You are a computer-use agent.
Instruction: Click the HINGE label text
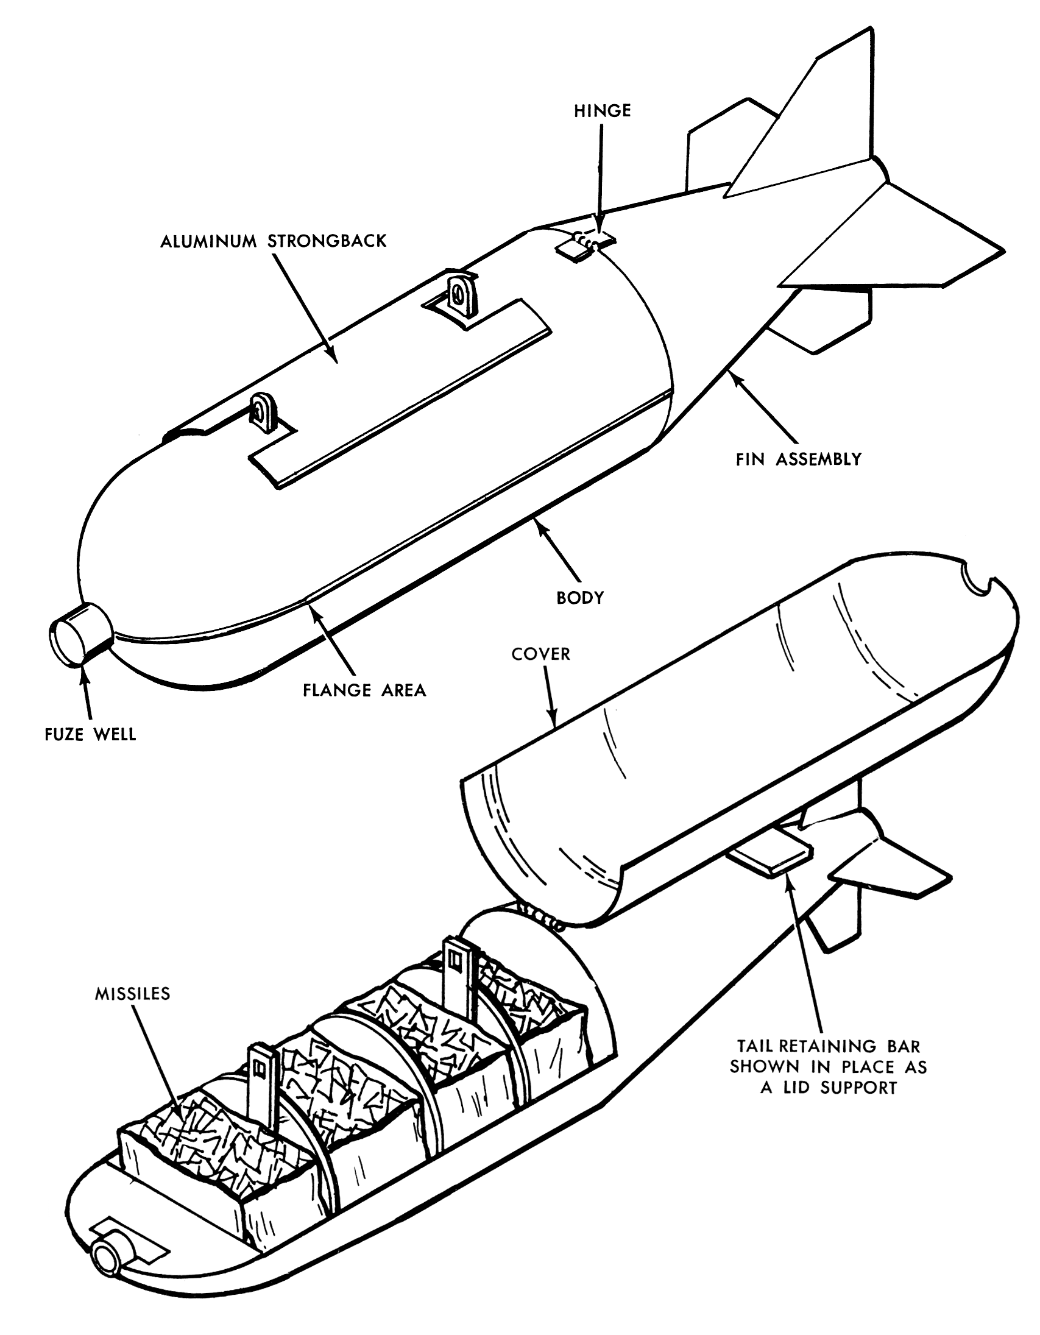602,112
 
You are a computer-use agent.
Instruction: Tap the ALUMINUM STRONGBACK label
273,241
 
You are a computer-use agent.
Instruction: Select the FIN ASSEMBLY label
798,459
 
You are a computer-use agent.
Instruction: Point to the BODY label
580,597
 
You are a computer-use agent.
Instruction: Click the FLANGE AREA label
364,690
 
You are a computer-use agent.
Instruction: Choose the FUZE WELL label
90,734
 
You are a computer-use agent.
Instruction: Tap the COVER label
540,654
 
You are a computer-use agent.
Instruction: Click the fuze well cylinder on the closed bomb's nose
79,633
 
